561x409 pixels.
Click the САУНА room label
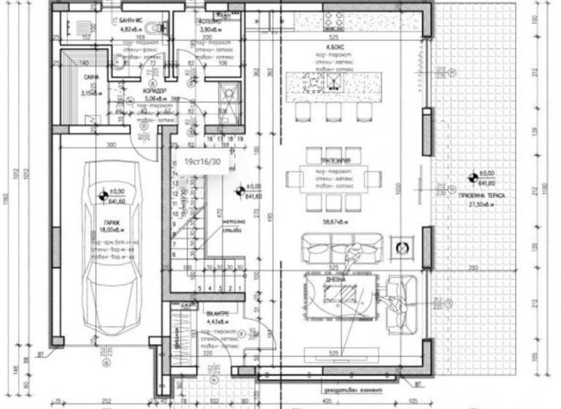92,77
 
